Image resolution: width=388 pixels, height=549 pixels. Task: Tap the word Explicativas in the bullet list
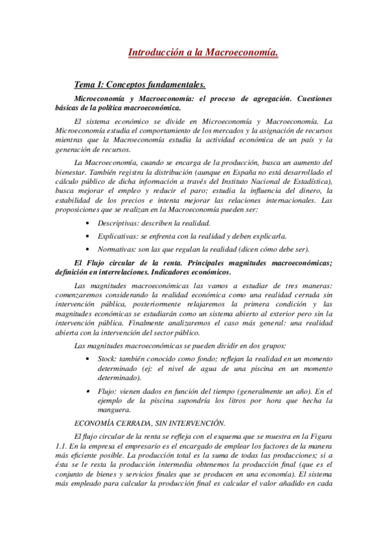click(x=118, y=236)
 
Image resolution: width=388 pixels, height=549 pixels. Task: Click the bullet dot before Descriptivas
click(x=87, y=223)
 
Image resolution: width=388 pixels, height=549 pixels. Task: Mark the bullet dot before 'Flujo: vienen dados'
click(x=87, y=391)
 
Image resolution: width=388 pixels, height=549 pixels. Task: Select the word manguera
click(x=113, y=409)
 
